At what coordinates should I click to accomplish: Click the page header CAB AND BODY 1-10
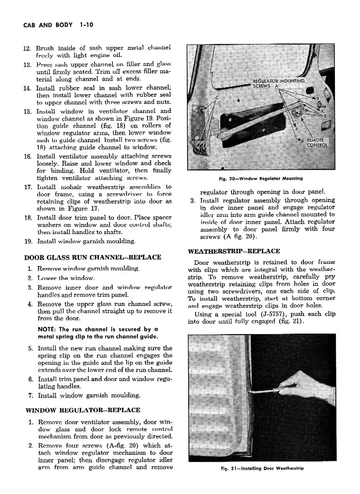[58, 25]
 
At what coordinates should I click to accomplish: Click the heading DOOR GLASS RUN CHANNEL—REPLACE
[92, 257]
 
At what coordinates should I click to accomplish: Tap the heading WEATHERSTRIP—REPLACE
[234, 251]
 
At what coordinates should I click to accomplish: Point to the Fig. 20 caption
[261, 178]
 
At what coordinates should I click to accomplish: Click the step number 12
[27, 48]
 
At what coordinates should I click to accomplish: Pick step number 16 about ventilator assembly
[27, 157]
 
